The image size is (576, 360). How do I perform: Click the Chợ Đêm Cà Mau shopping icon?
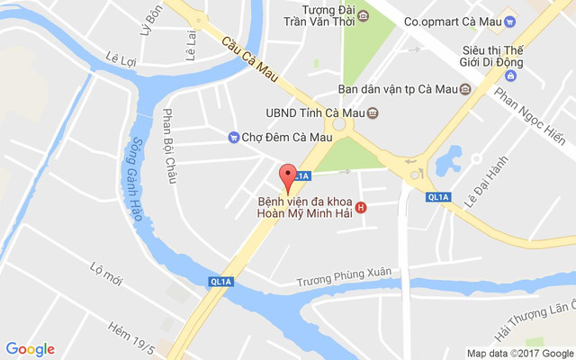233,137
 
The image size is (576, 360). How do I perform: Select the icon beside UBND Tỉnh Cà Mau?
373,112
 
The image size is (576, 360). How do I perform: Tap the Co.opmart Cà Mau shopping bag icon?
509,22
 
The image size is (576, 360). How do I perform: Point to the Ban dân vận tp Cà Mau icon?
464,88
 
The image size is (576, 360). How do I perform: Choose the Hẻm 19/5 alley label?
132,328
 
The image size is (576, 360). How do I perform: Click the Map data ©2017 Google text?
519,353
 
